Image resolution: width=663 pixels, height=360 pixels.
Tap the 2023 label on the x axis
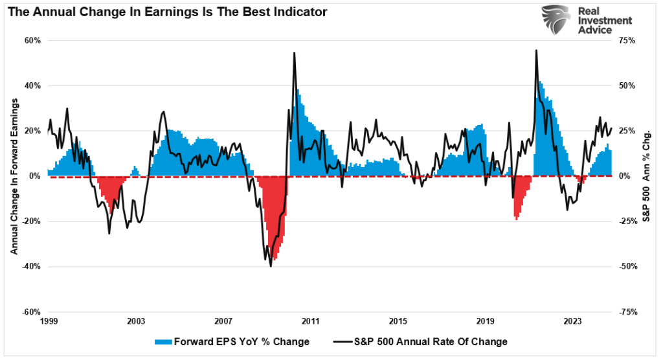(x=572, y=321)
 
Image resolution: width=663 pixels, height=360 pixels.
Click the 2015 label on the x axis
(x=398, y=321)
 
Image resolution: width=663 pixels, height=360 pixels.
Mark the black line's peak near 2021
(x=536, y=51)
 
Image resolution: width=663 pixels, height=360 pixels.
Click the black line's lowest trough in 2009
(x=271, y=265)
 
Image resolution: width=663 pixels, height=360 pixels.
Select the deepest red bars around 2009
(x=275, y=243)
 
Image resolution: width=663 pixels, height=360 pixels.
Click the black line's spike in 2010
(x=294, y=53)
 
